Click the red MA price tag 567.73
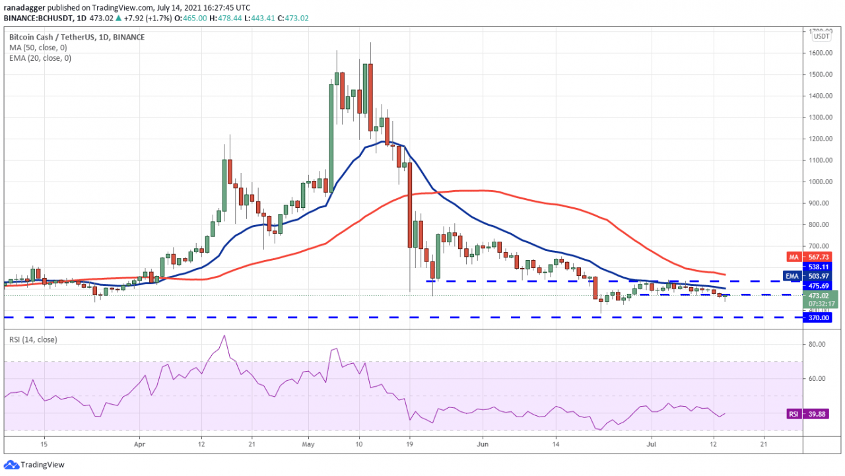[x=817, y=256]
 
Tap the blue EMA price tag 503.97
[x=817, y=276]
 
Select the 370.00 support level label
[x=817, y=318]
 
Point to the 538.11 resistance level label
[x=817, y=267]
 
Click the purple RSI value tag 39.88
[x=817, y=414]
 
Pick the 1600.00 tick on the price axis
[x=819, y=53]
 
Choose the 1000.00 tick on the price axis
[x=819, y=182]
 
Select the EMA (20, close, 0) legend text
[x=41, y=58]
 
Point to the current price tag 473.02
[x=817, y=295]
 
